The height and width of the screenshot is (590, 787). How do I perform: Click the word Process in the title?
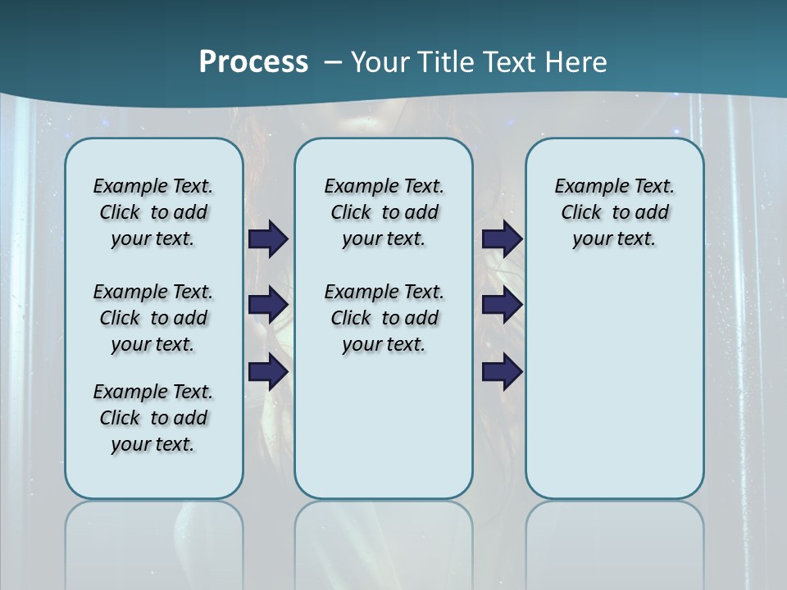click(253, 62)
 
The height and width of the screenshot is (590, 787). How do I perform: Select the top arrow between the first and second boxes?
click(268, 238)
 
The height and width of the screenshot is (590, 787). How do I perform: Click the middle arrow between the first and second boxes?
click(268, 305)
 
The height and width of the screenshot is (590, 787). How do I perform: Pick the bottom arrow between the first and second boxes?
click(268, 372)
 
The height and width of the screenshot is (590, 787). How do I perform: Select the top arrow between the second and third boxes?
click(502, 238)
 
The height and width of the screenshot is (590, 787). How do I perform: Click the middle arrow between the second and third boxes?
click(502, 305)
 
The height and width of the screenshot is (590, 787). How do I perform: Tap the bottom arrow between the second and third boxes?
click(502, 372)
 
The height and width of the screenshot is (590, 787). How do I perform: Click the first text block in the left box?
click(153, 212)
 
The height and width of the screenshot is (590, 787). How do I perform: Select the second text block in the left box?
click(153, 318)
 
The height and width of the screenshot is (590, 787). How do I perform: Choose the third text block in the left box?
click(153, 418)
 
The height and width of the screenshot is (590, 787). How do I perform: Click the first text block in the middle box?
click(384, 212)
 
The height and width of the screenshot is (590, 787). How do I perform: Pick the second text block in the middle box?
click(384, 318)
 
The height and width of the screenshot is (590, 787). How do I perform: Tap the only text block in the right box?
click(614, 212)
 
